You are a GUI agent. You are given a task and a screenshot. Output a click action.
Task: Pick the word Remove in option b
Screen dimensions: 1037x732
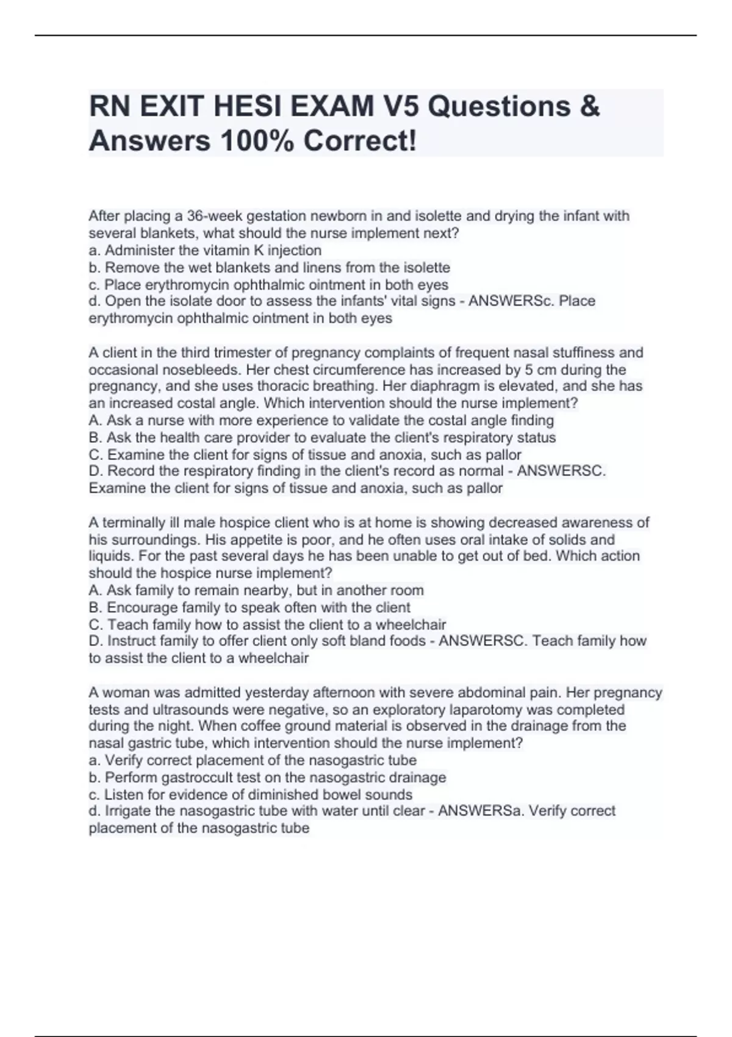pos(129,267)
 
